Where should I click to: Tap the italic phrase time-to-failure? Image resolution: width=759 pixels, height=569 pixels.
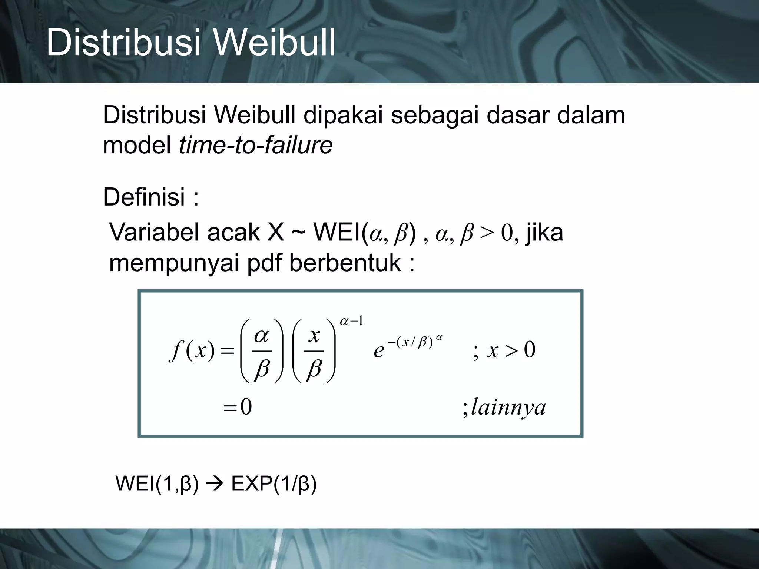(x=256, y=145)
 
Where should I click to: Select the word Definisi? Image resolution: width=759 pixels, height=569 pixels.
(x=144, y=197)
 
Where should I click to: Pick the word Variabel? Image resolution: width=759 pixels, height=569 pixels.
(x=153, y=233)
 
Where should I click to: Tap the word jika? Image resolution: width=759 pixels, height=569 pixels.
(x=545, y=233)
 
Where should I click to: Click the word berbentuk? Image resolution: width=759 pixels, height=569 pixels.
(x=345, y=263)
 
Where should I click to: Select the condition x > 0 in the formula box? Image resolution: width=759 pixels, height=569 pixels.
(x=511, y=350)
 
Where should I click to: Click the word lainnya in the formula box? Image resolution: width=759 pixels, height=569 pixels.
(x=508, y=408)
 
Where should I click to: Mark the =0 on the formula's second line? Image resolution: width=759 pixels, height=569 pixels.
(x=238, y=407)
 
